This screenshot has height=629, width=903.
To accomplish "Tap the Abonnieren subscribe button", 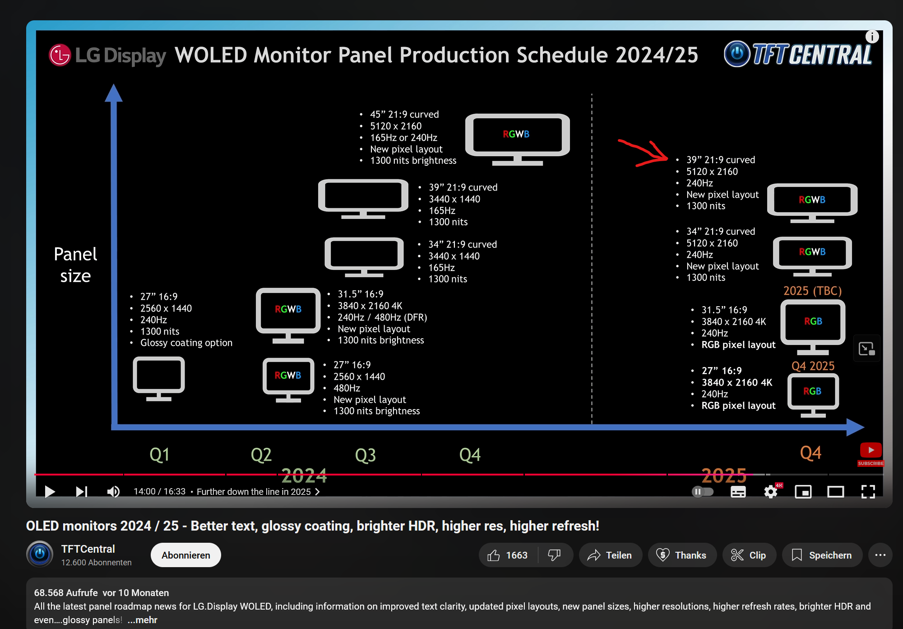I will pos(185,555).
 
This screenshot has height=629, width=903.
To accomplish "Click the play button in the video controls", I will pos(50,491).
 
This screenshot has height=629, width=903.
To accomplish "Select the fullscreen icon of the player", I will pos(868,491).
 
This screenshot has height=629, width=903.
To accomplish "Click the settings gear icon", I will pos(771,491).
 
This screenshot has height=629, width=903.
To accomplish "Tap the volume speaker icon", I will pos(113,491).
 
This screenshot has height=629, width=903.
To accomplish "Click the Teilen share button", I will pos(610,555).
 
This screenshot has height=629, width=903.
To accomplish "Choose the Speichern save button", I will pos(822,555).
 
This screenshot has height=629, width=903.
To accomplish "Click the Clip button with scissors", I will pos(749,555).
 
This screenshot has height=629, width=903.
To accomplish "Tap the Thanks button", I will pos(681,555).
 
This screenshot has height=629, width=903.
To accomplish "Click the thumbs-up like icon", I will pos(494,555).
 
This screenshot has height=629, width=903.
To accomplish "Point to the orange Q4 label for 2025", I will pos(810,452).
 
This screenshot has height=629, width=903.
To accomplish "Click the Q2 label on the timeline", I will pos(261,455).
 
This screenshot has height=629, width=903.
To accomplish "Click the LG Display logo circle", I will pos(60,55).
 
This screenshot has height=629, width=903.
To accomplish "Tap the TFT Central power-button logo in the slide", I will pos(737,54).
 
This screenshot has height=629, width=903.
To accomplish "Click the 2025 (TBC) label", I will pos(812,290).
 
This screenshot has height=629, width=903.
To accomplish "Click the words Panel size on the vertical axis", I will pos(75,265).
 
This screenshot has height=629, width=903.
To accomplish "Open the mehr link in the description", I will pos(142,620).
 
